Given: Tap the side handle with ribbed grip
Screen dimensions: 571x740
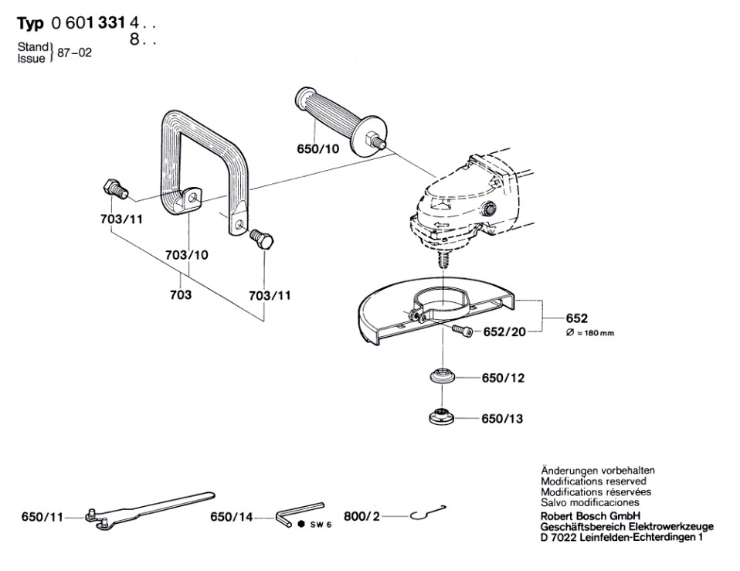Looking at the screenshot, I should point(332,119).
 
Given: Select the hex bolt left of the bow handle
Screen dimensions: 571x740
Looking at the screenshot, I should point(113,187).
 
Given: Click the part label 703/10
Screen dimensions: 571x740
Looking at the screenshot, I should point(187,254).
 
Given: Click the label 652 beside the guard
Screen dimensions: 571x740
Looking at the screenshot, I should point(577,318).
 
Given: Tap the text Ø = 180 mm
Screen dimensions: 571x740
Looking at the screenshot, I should point(591,333).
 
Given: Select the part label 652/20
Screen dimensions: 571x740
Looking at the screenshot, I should point(505,332).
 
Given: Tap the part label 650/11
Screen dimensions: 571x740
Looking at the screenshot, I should point(42,517).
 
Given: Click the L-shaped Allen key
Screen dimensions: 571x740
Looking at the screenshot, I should point(298,510).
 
